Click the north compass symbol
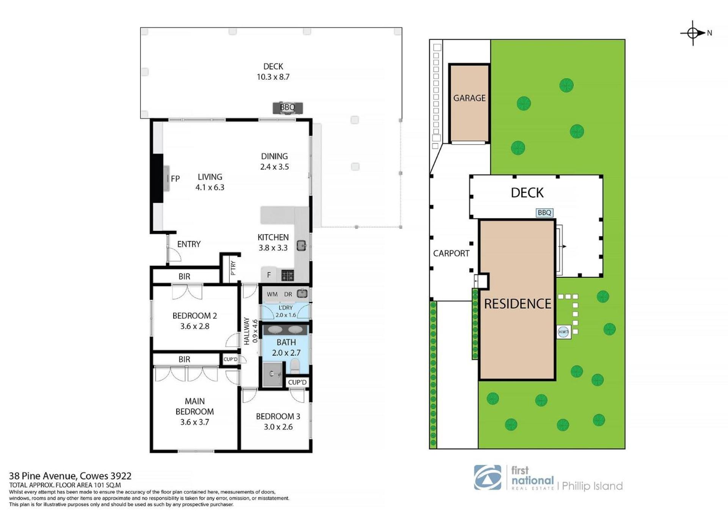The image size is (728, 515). tap(693, 33)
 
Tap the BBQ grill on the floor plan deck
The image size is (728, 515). tap(288, 108)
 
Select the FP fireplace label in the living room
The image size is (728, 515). tap(175, 179)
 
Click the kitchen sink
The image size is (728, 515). tap(301, 246)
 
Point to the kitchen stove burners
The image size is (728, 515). tap(287, 275)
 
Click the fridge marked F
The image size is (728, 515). tap(269, 275)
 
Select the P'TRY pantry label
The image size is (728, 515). tap(233, 268)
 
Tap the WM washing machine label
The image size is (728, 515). tap(272, 294)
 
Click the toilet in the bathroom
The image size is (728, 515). tap(295, 366)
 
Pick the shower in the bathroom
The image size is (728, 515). tap(272, 374)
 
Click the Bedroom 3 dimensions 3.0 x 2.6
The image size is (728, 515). tap(278, 427)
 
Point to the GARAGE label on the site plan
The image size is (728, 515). tap(469, 98)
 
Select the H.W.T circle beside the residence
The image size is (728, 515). tap(563, 332)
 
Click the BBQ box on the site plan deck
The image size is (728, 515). tap(544, 213)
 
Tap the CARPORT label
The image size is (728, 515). tap(451, 254)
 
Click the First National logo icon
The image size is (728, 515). tap(488, 477)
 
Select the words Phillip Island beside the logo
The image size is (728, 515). tap(592, 486)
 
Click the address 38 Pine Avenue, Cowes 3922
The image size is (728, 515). tap(70, 476)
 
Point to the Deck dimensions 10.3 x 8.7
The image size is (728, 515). tap(273, 77)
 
